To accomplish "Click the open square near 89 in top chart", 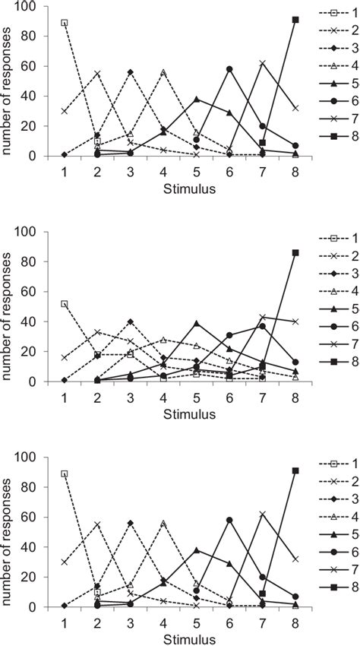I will (65, 23).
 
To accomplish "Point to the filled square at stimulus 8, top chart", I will (295, 20).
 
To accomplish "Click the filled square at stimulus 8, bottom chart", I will (295, 470).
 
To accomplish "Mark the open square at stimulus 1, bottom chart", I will (65, 473).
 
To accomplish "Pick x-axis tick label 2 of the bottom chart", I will (97, 622).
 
